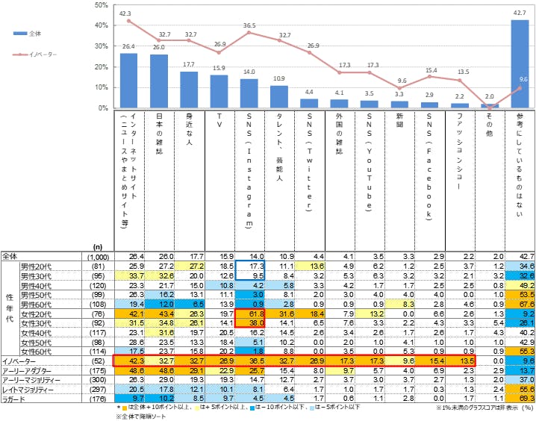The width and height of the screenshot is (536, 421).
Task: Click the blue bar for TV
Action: pos(219,91)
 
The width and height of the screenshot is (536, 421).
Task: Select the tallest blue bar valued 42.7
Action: pos(520,63)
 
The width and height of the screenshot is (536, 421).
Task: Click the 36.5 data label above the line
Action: pos(249,25)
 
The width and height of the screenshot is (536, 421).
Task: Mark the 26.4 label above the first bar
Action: pos(128,46)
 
